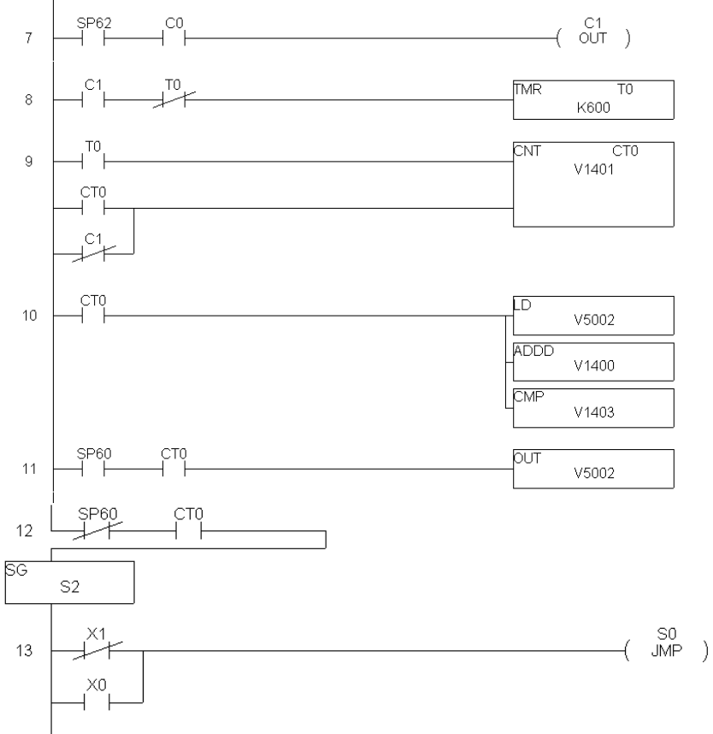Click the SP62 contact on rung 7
[93, 38]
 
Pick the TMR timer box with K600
[592, 100]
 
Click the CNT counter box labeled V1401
[592, 184]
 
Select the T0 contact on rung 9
[93, 161]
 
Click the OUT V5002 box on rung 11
[592, 470]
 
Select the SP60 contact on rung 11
[93, 470]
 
